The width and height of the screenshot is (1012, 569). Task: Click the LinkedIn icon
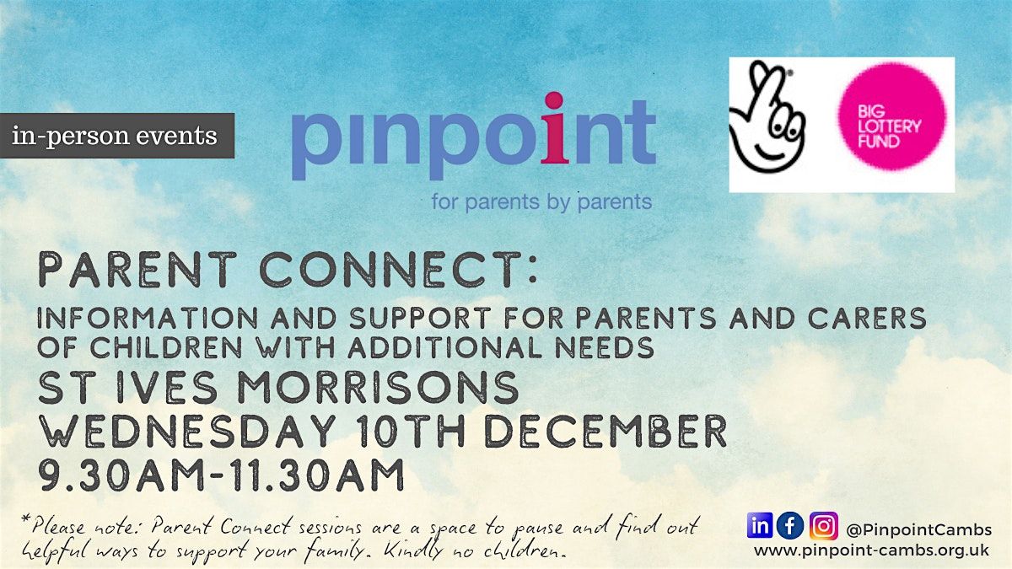click(760, 526)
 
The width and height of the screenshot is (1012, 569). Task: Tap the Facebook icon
click(790, 526)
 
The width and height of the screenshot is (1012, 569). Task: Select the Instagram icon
click(823, 526)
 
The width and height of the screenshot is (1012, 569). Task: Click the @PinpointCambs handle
click(918, 529)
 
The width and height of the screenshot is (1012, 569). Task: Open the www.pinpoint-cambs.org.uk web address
click(873, 550)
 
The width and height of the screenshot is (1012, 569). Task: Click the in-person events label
click(115, 136)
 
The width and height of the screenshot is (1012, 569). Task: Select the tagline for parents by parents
click(541, 202)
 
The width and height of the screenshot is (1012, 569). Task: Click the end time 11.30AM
click(320, 475)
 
